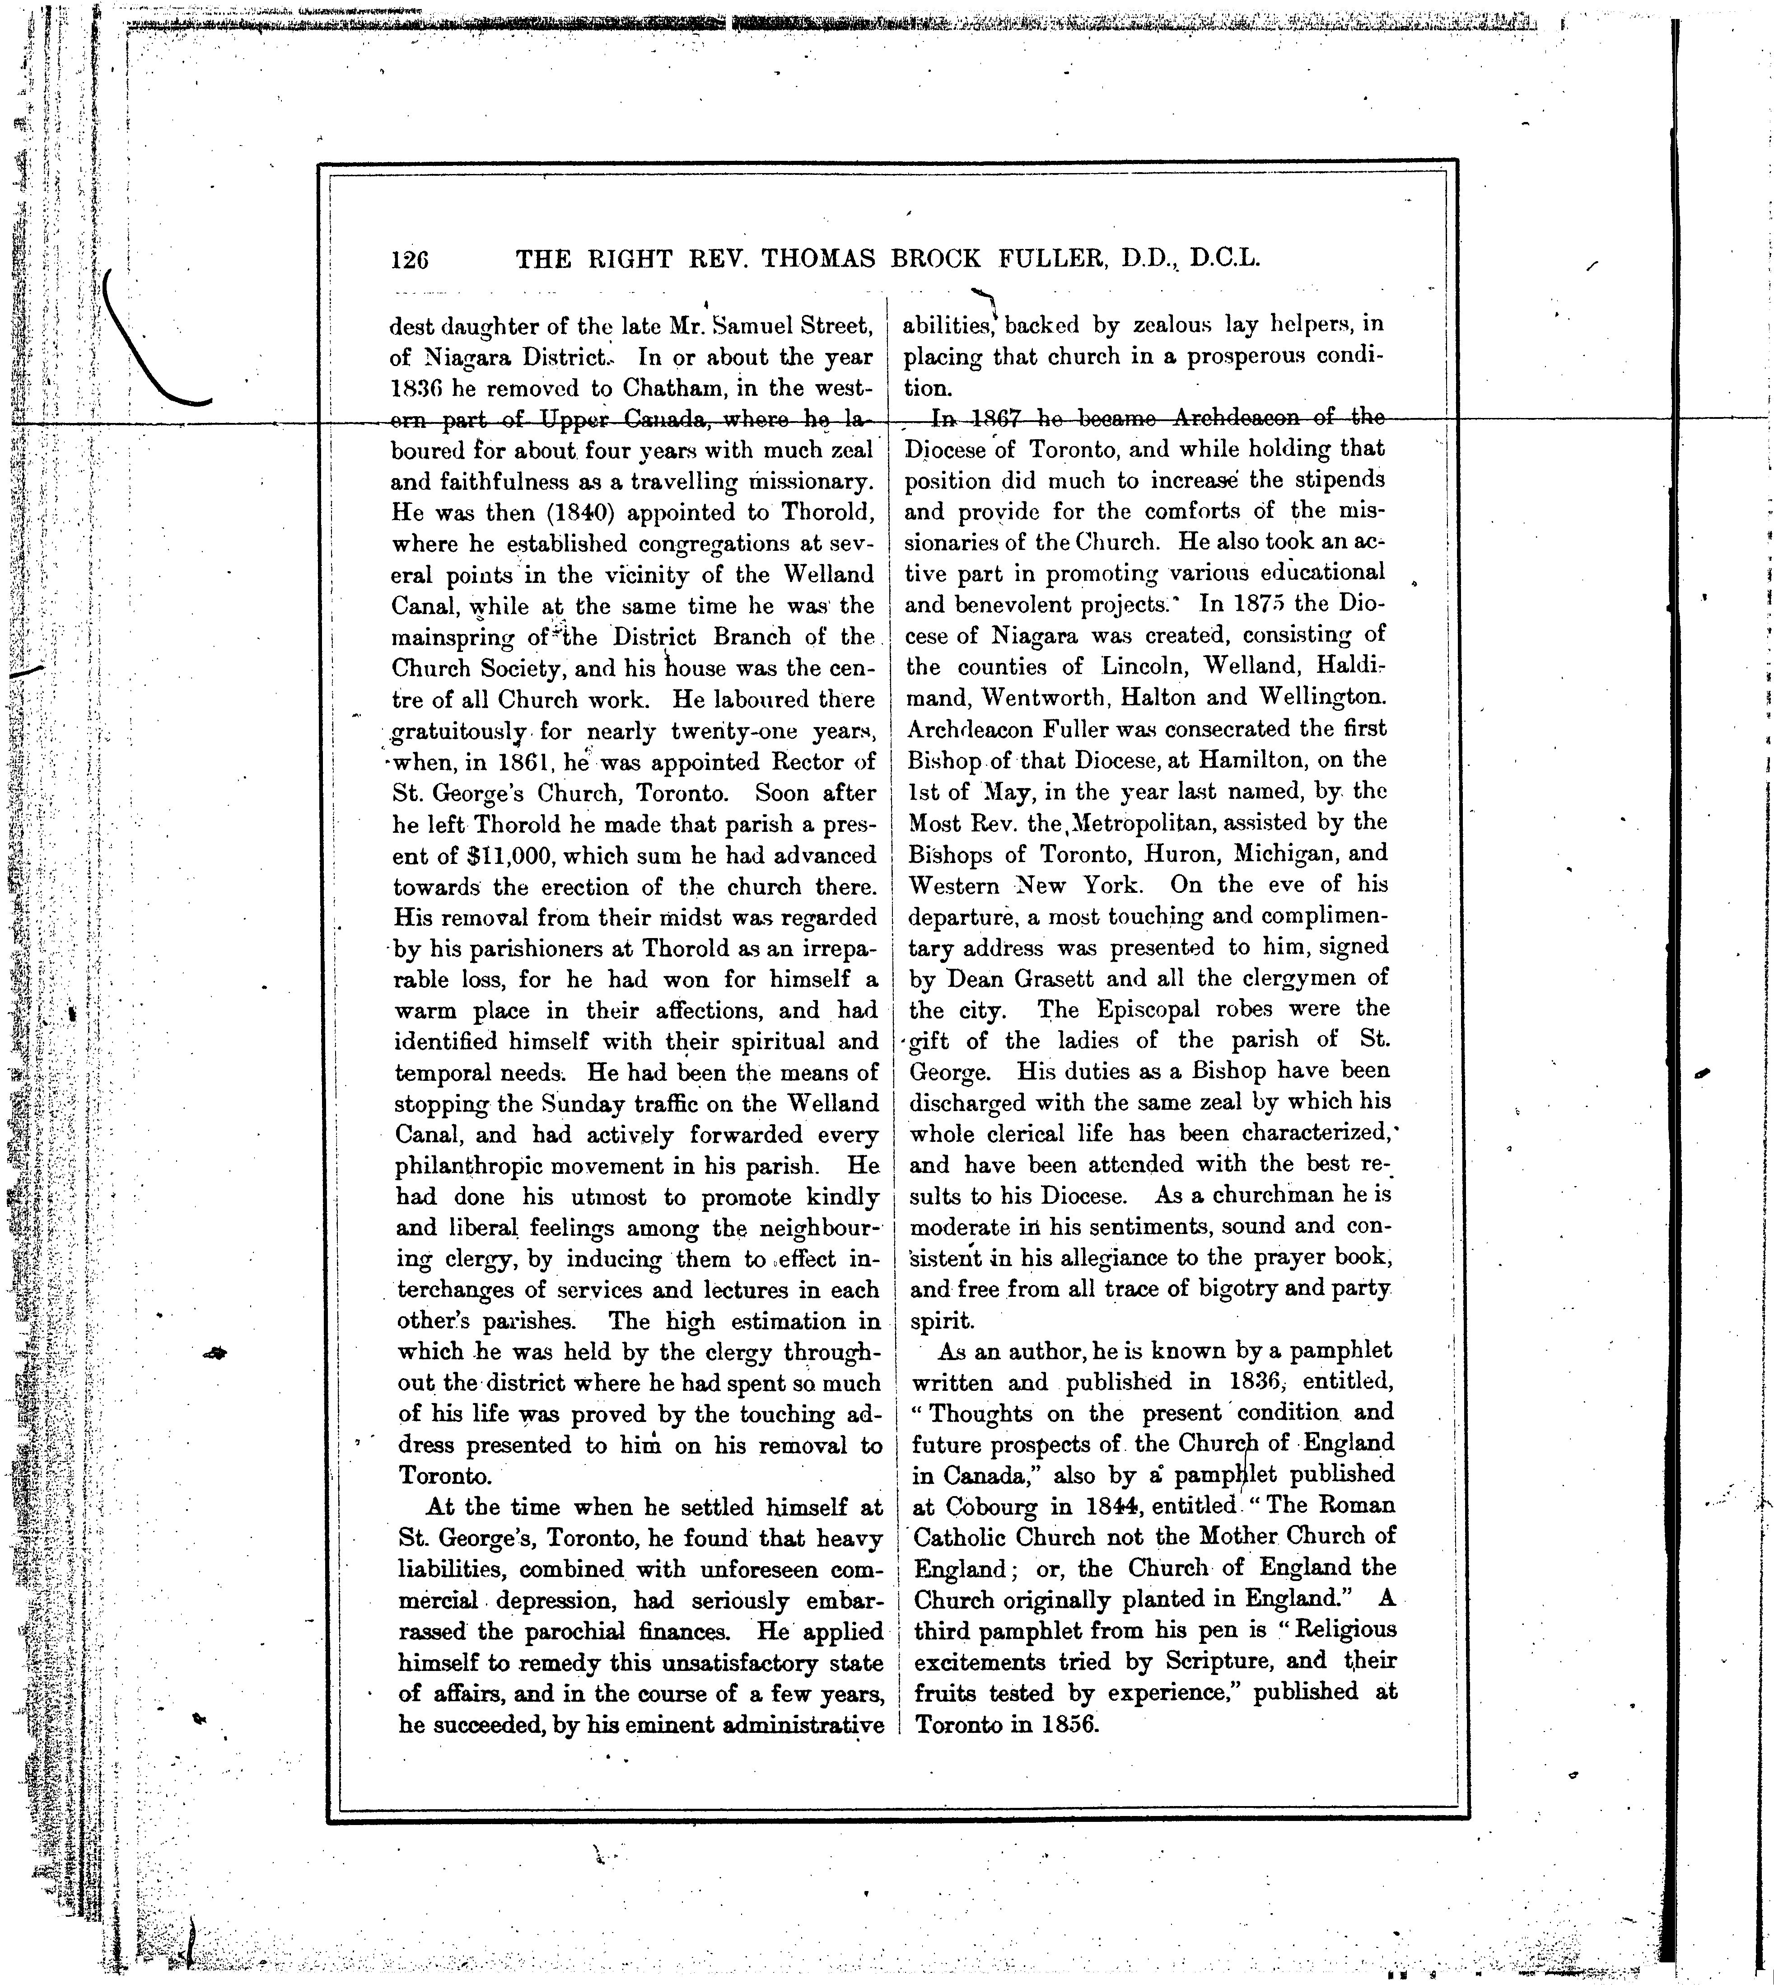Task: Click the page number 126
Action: pyautogui.click(x=409, y=260)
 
